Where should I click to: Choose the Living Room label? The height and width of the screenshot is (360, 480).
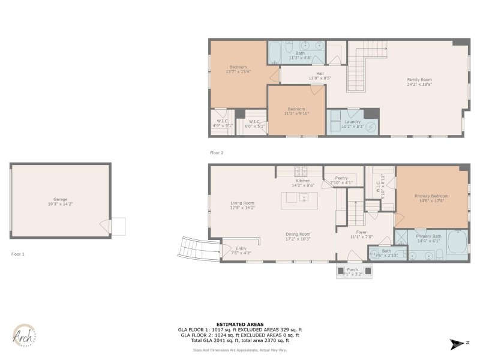point(243,205)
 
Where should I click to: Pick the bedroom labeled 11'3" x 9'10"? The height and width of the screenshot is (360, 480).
point(296,111)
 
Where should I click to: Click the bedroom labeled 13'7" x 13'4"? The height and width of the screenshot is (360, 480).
point(238,69)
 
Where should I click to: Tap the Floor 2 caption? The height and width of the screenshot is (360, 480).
point(217,153)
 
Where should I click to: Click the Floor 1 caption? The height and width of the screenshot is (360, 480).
point(18,254)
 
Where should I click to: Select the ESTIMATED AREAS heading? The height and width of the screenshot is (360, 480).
point(239,324)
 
